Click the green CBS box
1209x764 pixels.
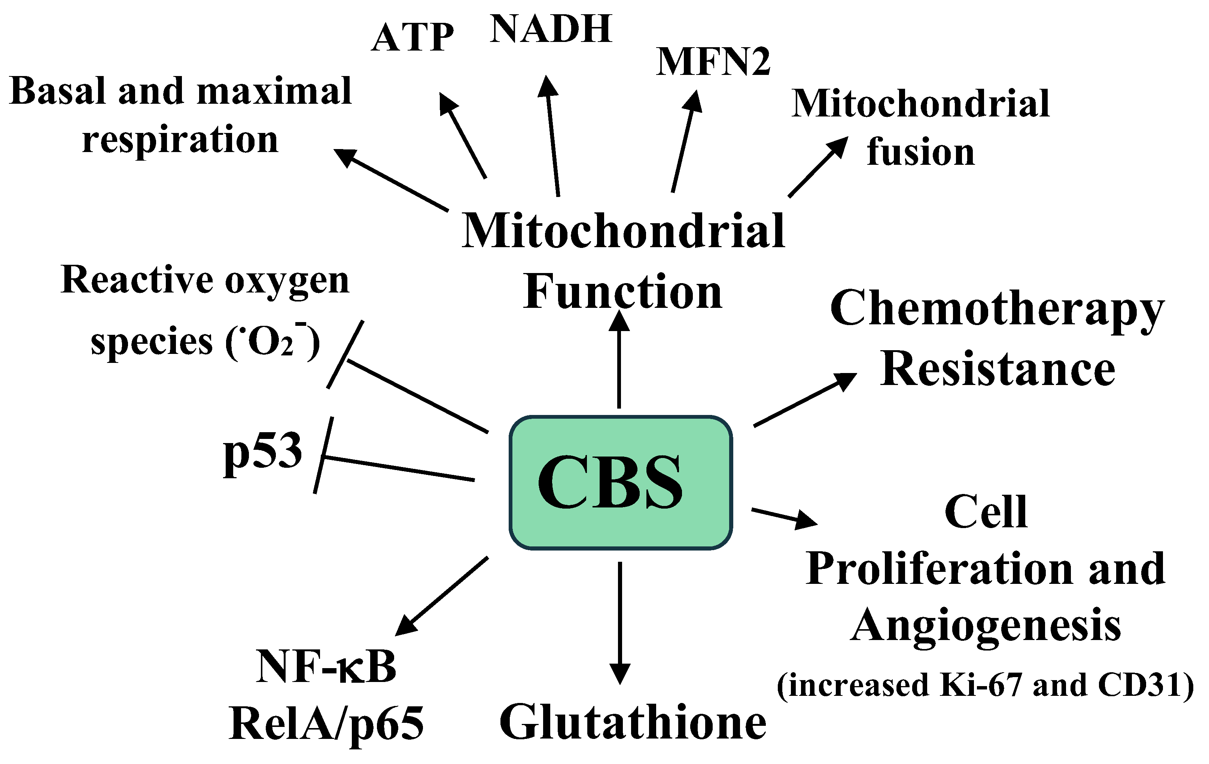pos(621,482)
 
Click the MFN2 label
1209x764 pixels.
pos(713,62)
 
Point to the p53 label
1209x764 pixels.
pos(263,451)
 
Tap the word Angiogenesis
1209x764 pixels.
pos(986,625)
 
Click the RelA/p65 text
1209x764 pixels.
pos(326,723)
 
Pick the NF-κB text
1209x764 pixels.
pos(326,667)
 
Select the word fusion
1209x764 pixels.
pos(920,152)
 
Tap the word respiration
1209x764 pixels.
pos(180,139)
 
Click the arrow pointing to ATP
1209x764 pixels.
pos(463,136)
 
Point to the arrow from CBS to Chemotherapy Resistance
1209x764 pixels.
pos(803,400)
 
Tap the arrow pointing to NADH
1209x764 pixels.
pos(552,136)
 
